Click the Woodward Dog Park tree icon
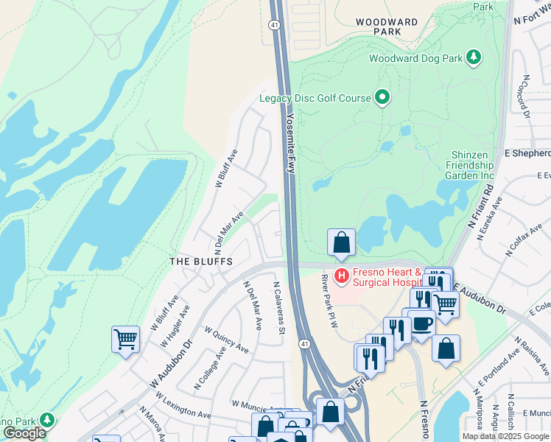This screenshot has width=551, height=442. [x=474, y=57]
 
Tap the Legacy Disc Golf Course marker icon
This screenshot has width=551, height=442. [x=382, y=97]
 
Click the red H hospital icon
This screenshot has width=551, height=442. [x=342, y=277]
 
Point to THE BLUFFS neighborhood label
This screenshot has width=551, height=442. [x=201, y=262]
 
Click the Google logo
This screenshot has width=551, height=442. [x=24, y=433]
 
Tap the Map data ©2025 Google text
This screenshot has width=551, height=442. [x=506, y=436]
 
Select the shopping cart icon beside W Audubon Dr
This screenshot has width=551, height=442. [x=126, y=340]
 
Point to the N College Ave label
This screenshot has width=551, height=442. [x=208, y=370]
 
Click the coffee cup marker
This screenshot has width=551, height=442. [x=421, y=323]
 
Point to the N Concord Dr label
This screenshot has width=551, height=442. [x=526, y=97]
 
